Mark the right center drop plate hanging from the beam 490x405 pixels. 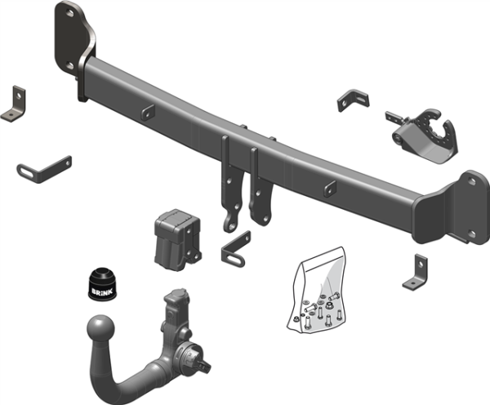(260, 189)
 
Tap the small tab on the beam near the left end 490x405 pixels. (147, 113)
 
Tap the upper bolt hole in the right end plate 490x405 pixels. (470, 185)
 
